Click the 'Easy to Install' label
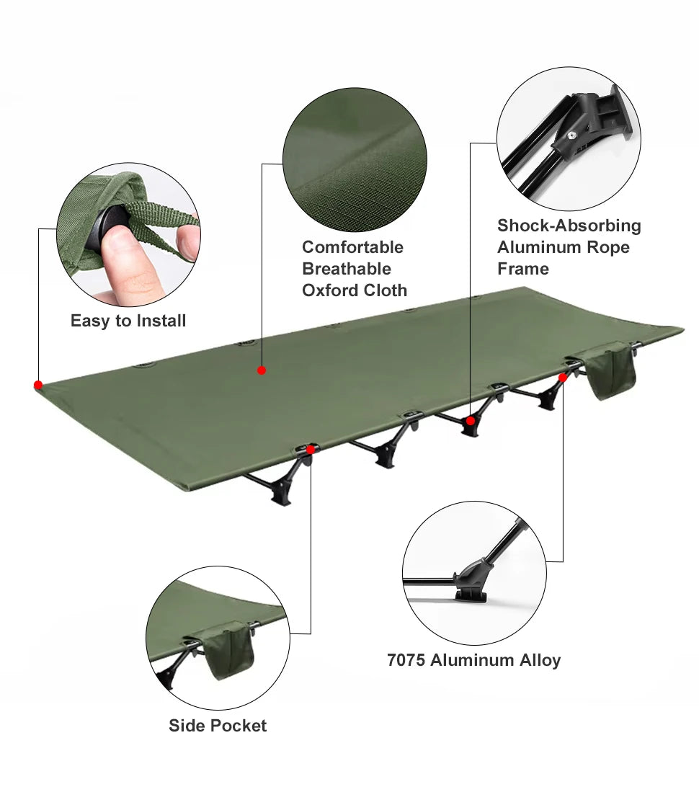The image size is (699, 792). pyautogui.click(x=128, y=321)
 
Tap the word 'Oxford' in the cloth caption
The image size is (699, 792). pyautogui.click(x=329, y=290)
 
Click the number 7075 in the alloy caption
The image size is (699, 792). pyautogui.click(x=406, y=660)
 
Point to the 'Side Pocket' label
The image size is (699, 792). pyautogui.click(x=218, y=726)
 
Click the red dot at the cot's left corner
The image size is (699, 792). pyautogui.click(x=38, y=385)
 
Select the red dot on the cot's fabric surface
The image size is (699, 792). pyautogui.click(x=262, y=370)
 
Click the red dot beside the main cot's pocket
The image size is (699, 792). pyautogui.click(x=563, y=377)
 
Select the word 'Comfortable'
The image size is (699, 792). pyautogui.click(x=352, y=247)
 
